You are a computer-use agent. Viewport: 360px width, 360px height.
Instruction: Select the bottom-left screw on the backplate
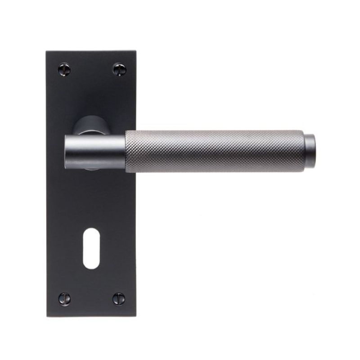(x=64, y=297)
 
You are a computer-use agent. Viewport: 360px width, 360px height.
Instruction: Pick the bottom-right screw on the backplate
(x=119, y=297)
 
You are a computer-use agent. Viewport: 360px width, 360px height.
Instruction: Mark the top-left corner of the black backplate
(x=47, y=51)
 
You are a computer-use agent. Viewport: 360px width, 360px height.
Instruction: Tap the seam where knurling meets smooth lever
(x=125, y=151)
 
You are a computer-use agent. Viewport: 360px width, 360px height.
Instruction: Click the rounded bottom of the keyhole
(x=91, y=265)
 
